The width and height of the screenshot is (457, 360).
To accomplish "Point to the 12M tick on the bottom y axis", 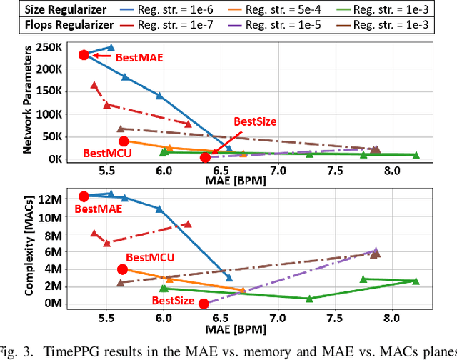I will coord(57,197).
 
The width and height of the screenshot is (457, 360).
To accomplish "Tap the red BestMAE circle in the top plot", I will coord(84,55).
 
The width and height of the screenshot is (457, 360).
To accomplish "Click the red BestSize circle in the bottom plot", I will coord(204,304).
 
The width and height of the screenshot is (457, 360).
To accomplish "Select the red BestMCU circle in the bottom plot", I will coord(123,269).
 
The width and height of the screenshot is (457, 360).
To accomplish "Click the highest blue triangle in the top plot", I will coord(110,48).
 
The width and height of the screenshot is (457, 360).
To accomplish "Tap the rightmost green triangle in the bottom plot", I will coord(416,281).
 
